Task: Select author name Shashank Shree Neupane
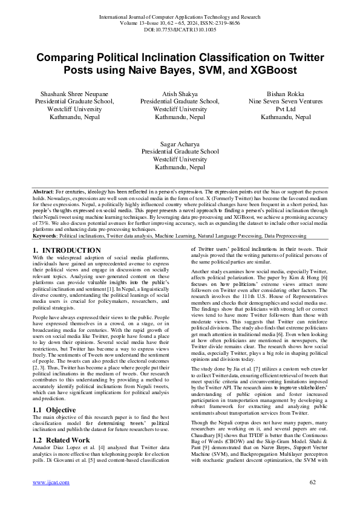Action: pos(74,94)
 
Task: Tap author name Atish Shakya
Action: pos(180,94)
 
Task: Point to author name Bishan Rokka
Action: pos(286,94)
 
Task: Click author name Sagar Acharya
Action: pos(180,144)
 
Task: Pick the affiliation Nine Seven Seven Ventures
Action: pos(286,102)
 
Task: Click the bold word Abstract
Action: pos(44,191)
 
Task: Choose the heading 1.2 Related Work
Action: pos(60,423)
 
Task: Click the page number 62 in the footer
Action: pos(313,499)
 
